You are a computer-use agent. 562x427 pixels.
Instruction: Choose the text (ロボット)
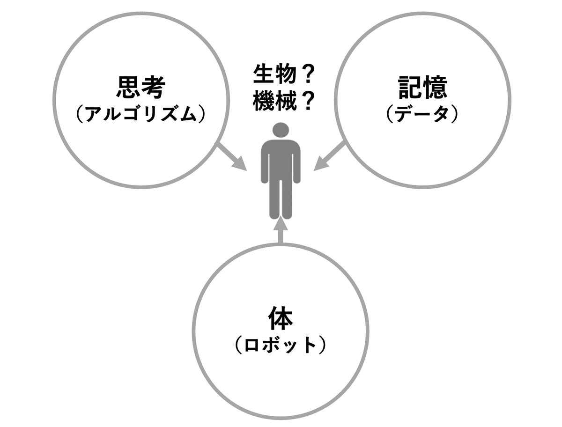point(280,346)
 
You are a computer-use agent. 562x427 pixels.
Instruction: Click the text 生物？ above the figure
point(283,75)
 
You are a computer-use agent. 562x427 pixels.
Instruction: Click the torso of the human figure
point(281,159)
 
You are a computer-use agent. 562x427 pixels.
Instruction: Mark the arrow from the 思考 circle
point(232,157)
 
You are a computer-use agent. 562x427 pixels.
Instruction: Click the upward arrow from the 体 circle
point(280,229)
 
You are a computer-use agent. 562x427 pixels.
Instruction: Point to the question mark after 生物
point(305,75)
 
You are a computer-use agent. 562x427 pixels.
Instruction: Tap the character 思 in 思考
point(127,87)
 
